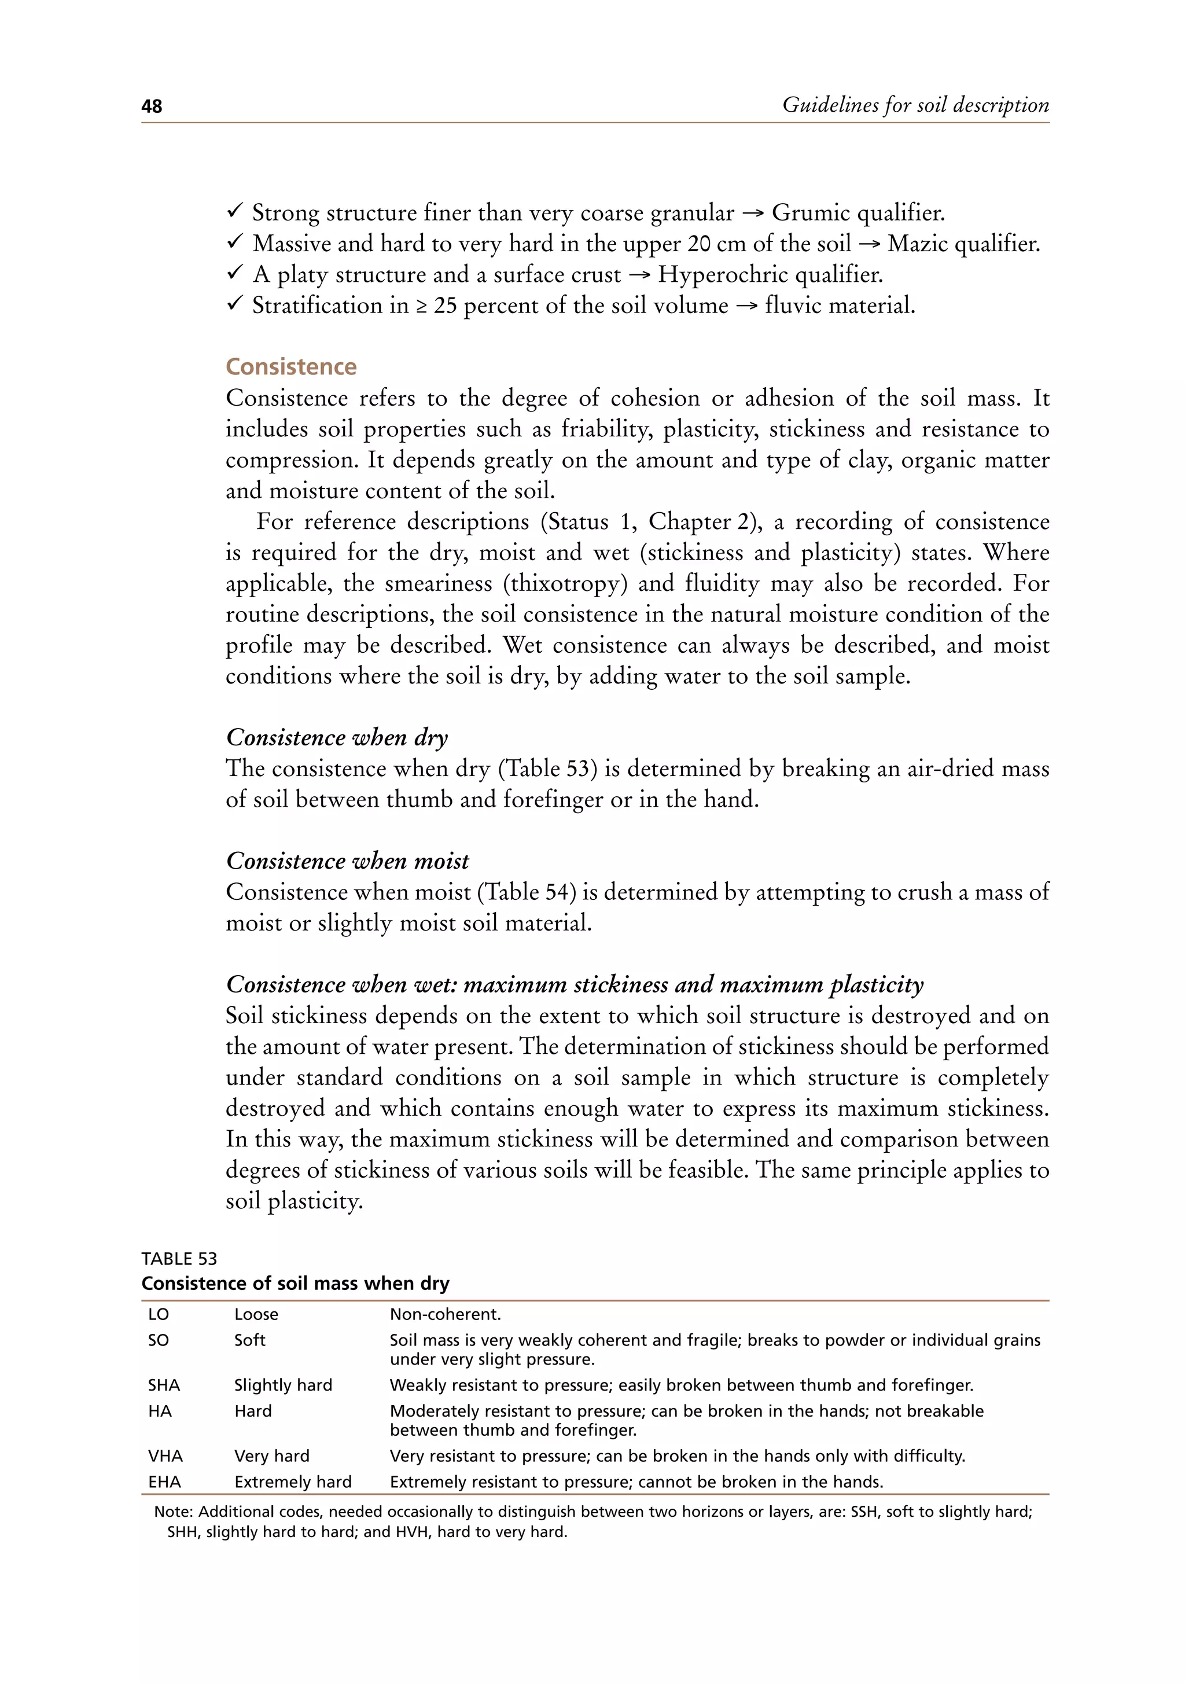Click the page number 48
coord(152,106)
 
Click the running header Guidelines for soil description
coord(915,105)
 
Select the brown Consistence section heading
coord(291,367)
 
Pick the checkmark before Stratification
coord(235,304)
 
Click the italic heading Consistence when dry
coord(337,737)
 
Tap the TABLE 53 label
coord(179,1259)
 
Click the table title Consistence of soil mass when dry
coord(295,1283)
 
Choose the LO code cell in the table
coord(159,1314)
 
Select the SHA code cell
coord(164,1385)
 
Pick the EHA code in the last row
coord(164,1481)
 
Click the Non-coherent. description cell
coord(445,1314)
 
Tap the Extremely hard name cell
coord(293,1481)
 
